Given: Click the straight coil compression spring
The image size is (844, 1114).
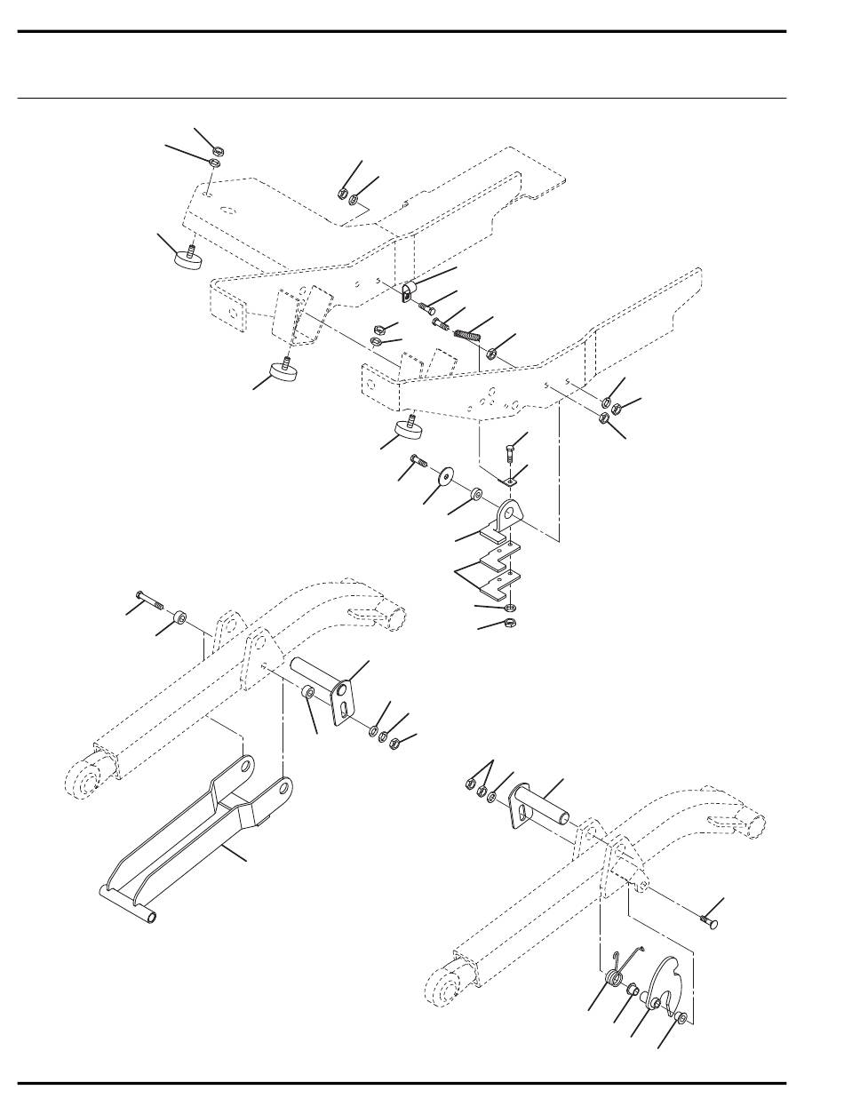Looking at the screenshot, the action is point(466,336).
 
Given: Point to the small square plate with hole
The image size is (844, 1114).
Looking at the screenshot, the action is point(507,480).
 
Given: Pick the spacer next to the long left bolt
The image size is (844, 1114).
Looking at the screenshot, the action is point(181,617).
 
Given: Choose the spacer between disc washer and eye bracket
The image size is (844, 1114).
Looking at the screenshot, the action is point(478,490).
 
